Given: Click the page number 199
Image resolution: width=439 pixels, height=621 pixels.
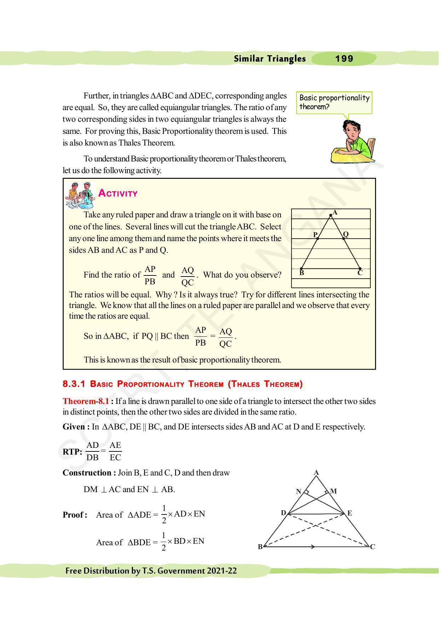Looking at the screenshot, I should [x=344, y=59].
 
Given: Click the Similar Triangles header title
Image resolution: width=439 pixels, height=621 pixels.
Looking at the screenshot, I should [x=270, y=59].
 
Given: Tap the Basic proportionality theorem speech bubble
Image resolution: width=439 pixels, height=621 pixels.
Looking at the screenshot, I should [x=334, y=102].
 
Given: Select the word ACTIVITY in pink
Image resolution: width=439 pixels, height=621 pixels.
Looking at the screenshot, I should [x=118, y=193].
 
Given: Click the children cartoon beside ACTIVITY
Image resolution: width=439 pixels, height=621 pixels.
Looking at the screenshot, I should [x=80, y=195].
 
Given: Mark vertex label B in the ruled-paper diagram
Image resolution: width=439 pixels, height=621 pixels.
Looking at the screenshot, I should [x=301, y=273].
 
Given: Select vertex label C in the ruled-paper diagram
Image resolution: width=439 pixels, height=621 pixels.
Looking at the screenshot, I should [x=360, y=273].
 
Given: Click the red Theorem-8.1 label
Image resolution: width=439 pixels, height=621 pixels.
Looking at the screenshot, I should [x=86, y=401].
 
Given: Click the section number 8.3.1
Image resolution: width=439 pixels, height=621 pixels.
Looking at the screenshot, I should [x=74, y=384].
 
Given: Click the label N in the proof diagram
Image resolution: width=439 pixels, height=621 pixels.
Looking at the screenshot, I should [x=299, y=491].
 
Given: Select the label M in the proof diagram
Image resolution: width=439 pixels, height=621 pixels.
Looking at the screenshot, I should [x=333, y=491].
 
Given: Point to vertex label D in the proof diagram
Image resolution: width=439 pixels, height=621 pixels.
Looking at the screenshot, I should [x=283, y=513].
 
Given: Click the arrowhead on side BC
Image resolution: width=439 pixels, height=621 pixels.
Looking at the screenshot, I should [x=313, y=547].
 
